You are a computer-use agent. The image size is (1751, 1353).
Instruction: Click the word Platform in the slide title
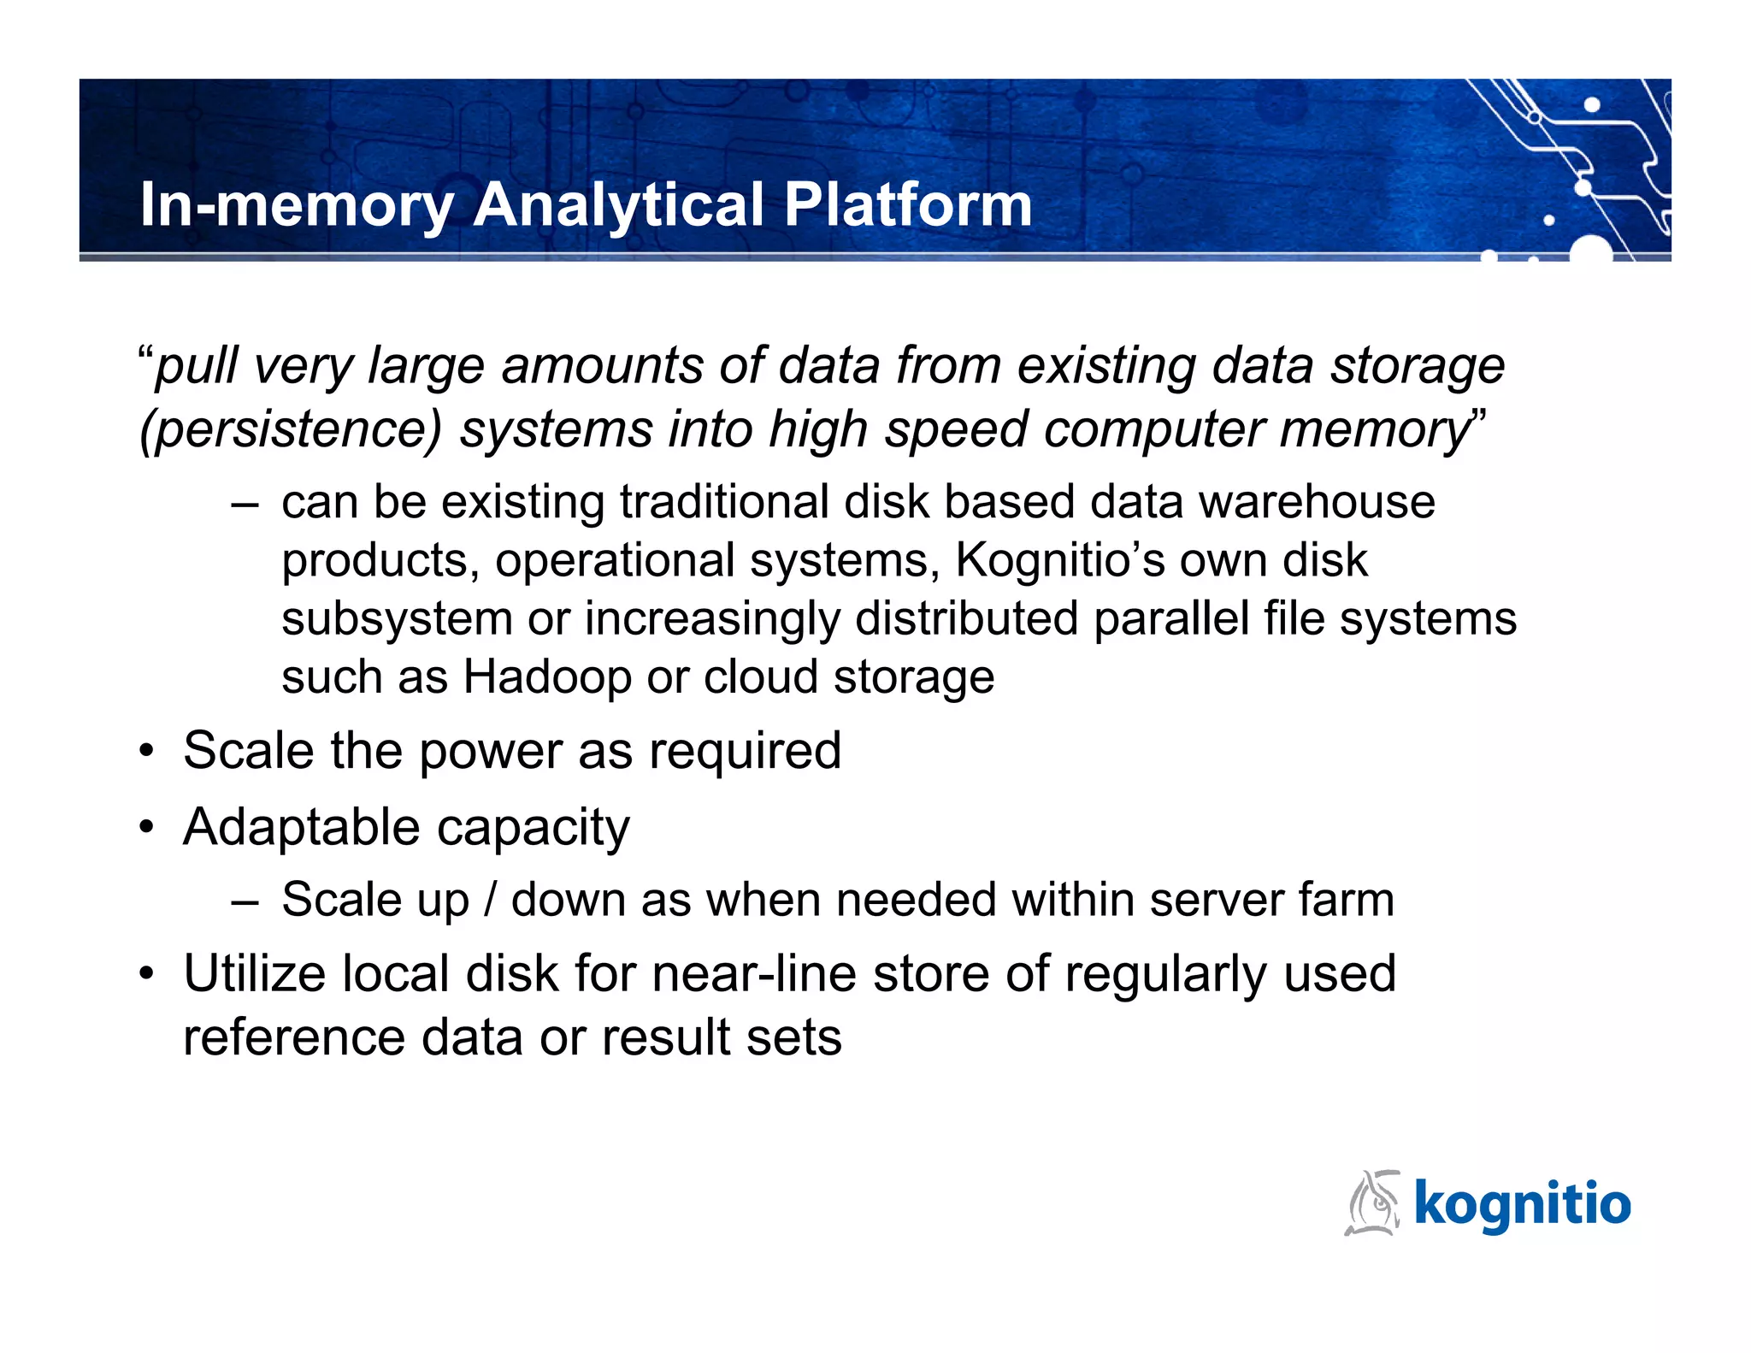click(x=907, y=205)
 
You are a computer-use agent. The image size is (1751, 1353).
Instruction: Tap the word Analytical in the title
click(x=618, y=205)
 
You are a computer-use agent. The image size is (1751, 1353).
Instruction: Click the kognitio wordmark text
click(x=1523, y=1204)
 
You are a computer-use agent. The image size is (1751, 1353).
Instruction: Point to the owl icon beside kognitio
click(x=1373, y=1203)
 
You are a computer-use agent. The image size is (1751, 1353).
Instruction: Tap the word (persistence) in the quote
click(x=291, y=429)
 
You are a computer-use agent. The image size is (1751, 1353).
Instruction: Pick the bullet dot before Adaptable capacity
click(x=148, y=828)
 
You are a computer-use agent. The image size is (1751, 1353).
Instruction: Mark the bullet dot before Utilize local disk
click(x=148, y=975)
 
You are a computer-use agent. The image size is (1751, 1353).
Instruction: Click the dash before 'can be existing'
click(x=245, y=504)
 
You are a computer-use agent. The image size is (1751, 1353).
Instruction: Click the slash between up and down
click(x=490, y=901)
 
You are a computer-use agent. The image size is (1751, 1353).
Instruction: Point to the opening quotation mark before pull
click(x=145, y=352)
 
